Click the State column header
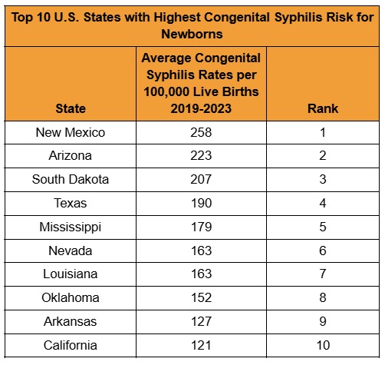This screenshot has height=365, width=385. pyautogui.click(x=71, y=108)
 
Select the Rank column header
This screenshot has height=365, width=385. pyautogui.click(x=322, y=108)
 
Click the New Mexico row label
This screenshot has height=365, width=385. pyautogui.click(x=71, y=132)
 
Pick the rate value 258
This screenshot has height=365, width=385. pyautogui.click(x=200, y=132)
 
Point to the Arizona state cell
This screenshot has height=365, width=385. pyautogui.click(x=71, y=156)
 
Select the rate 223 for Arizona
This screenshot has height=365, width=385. pyautogui.click(x=200, y=156)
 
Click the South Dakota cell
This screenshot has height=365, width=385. pyautogui.click(x=71, y=180)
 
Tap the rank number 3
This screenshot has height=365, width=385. pyautogui.click(x=322, y=180)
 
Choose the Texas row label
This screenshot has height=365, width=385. pyautogui.click(x=71, y=204)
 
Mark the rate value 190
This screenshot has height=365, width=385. pyautogui.click(x=200, y=204)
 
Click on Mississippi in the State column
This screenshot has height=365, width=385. pyautogui.click(x=71, y=227)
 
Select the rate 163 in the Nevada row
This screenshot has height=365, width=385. pyautogui.click(x=200, y=251)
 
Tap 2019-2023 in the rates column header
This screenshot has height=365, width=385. pyautogui.click(x=200, y=108)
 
